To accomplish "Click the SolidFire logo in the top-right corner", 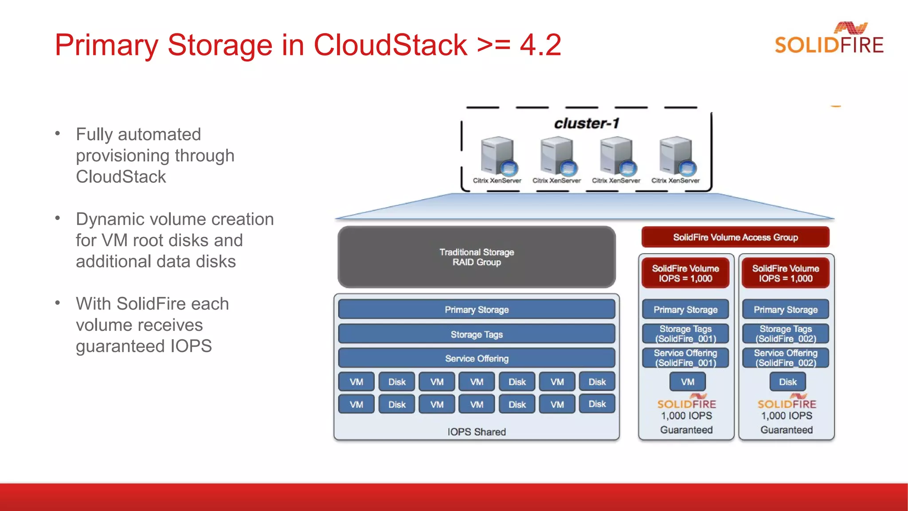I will pos(829,39).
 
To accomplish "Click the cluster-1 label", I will pos(586,123).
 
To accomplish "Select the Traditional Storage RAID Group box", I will pos(477,257).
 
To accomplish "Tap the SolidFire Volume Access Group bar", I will pos(735,237).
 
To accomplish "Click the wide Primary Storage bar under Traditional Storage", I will pos(477,310).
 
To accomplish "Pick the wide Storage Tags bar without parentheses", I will pos(477,334).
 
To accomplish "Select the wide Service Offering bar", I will pos(477,358).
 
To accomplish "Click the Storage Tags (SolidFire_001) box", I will pos(685,334).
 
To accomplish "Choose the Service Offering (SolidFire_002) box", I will pos(786,358).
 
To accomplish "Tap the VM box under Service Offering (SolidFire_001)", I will pos(688,382).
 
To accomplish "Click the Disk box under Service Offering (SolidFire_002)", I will pos(788,382).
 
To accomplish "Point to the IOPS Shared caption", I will pos(477,432).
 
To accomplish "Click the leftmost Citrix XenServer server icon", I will pos(498,156).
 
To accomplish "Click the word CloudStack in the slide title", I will pos(390,45).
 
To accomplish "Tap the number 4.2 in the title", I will pos(540,45).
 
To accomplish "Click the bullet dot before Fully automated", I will pos(57,133).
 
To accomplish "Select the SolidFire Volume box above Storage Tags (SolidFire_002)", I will pos(786,273).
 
